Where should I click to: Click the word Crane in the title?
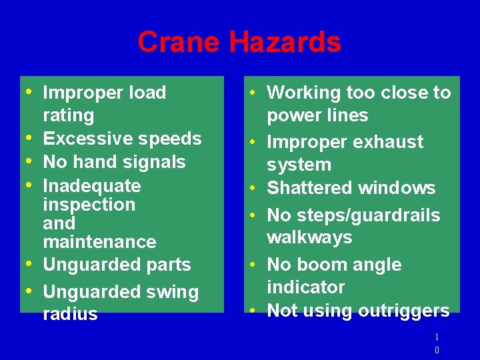coord(179,43)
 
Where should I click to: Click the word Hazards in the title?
coord(285,43)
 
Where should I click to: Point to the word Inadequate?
coord(92,185)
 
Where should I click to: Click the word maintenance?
coord(99,241)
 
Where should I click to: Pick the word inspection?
coord(89,204)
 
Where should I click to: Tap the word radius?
coord(70,314)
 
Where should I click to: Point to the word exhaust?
coord(390,142)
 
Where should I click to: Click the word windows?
coord(397,188)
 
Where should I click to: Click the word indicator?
coord(306,287)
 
